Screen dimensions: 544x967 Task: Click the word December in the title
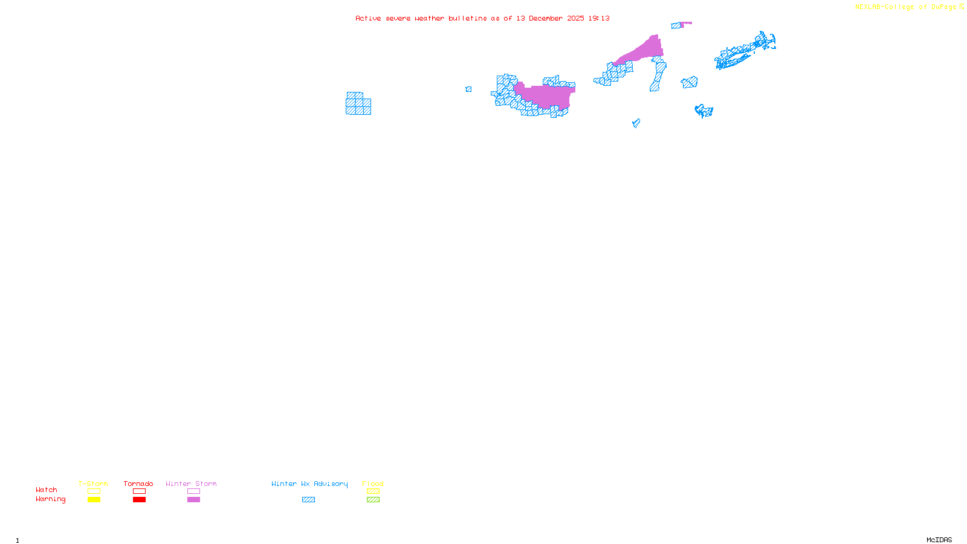point(546,19)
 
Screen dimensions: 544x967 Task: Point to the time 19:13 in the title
point(599,19)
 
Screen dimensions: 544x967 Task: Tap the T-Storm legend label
point(93,484)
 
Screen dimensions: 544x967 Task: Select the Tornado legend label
point(138,484)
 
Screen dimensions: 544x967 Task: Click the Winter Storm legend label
point(191,484)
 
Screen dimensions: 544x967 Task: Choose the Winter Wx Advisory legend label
point(309,484)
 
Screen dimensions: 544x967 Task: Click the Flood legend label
point(373,484)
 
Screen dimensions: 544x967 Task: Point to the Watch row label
point(47,490)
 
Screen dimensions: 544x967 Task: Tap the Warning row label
point(50,499)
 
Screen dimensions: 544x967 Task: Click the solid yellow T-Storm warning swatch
point(94,500)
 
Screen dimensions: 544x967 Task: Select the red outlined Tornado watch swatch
point(139,491)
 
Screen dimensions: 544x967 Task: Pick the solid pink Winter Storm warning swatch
point(193,500)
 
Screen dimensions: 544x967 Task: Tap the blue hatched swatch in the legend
point(308,500)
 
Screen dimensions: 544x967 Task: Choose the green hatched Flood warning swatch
point(373,500)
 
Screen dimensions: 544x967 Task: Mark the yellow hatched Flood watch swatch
point(373,491)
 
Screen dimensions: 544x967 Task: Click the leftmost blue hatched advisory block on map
point(358,104)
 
